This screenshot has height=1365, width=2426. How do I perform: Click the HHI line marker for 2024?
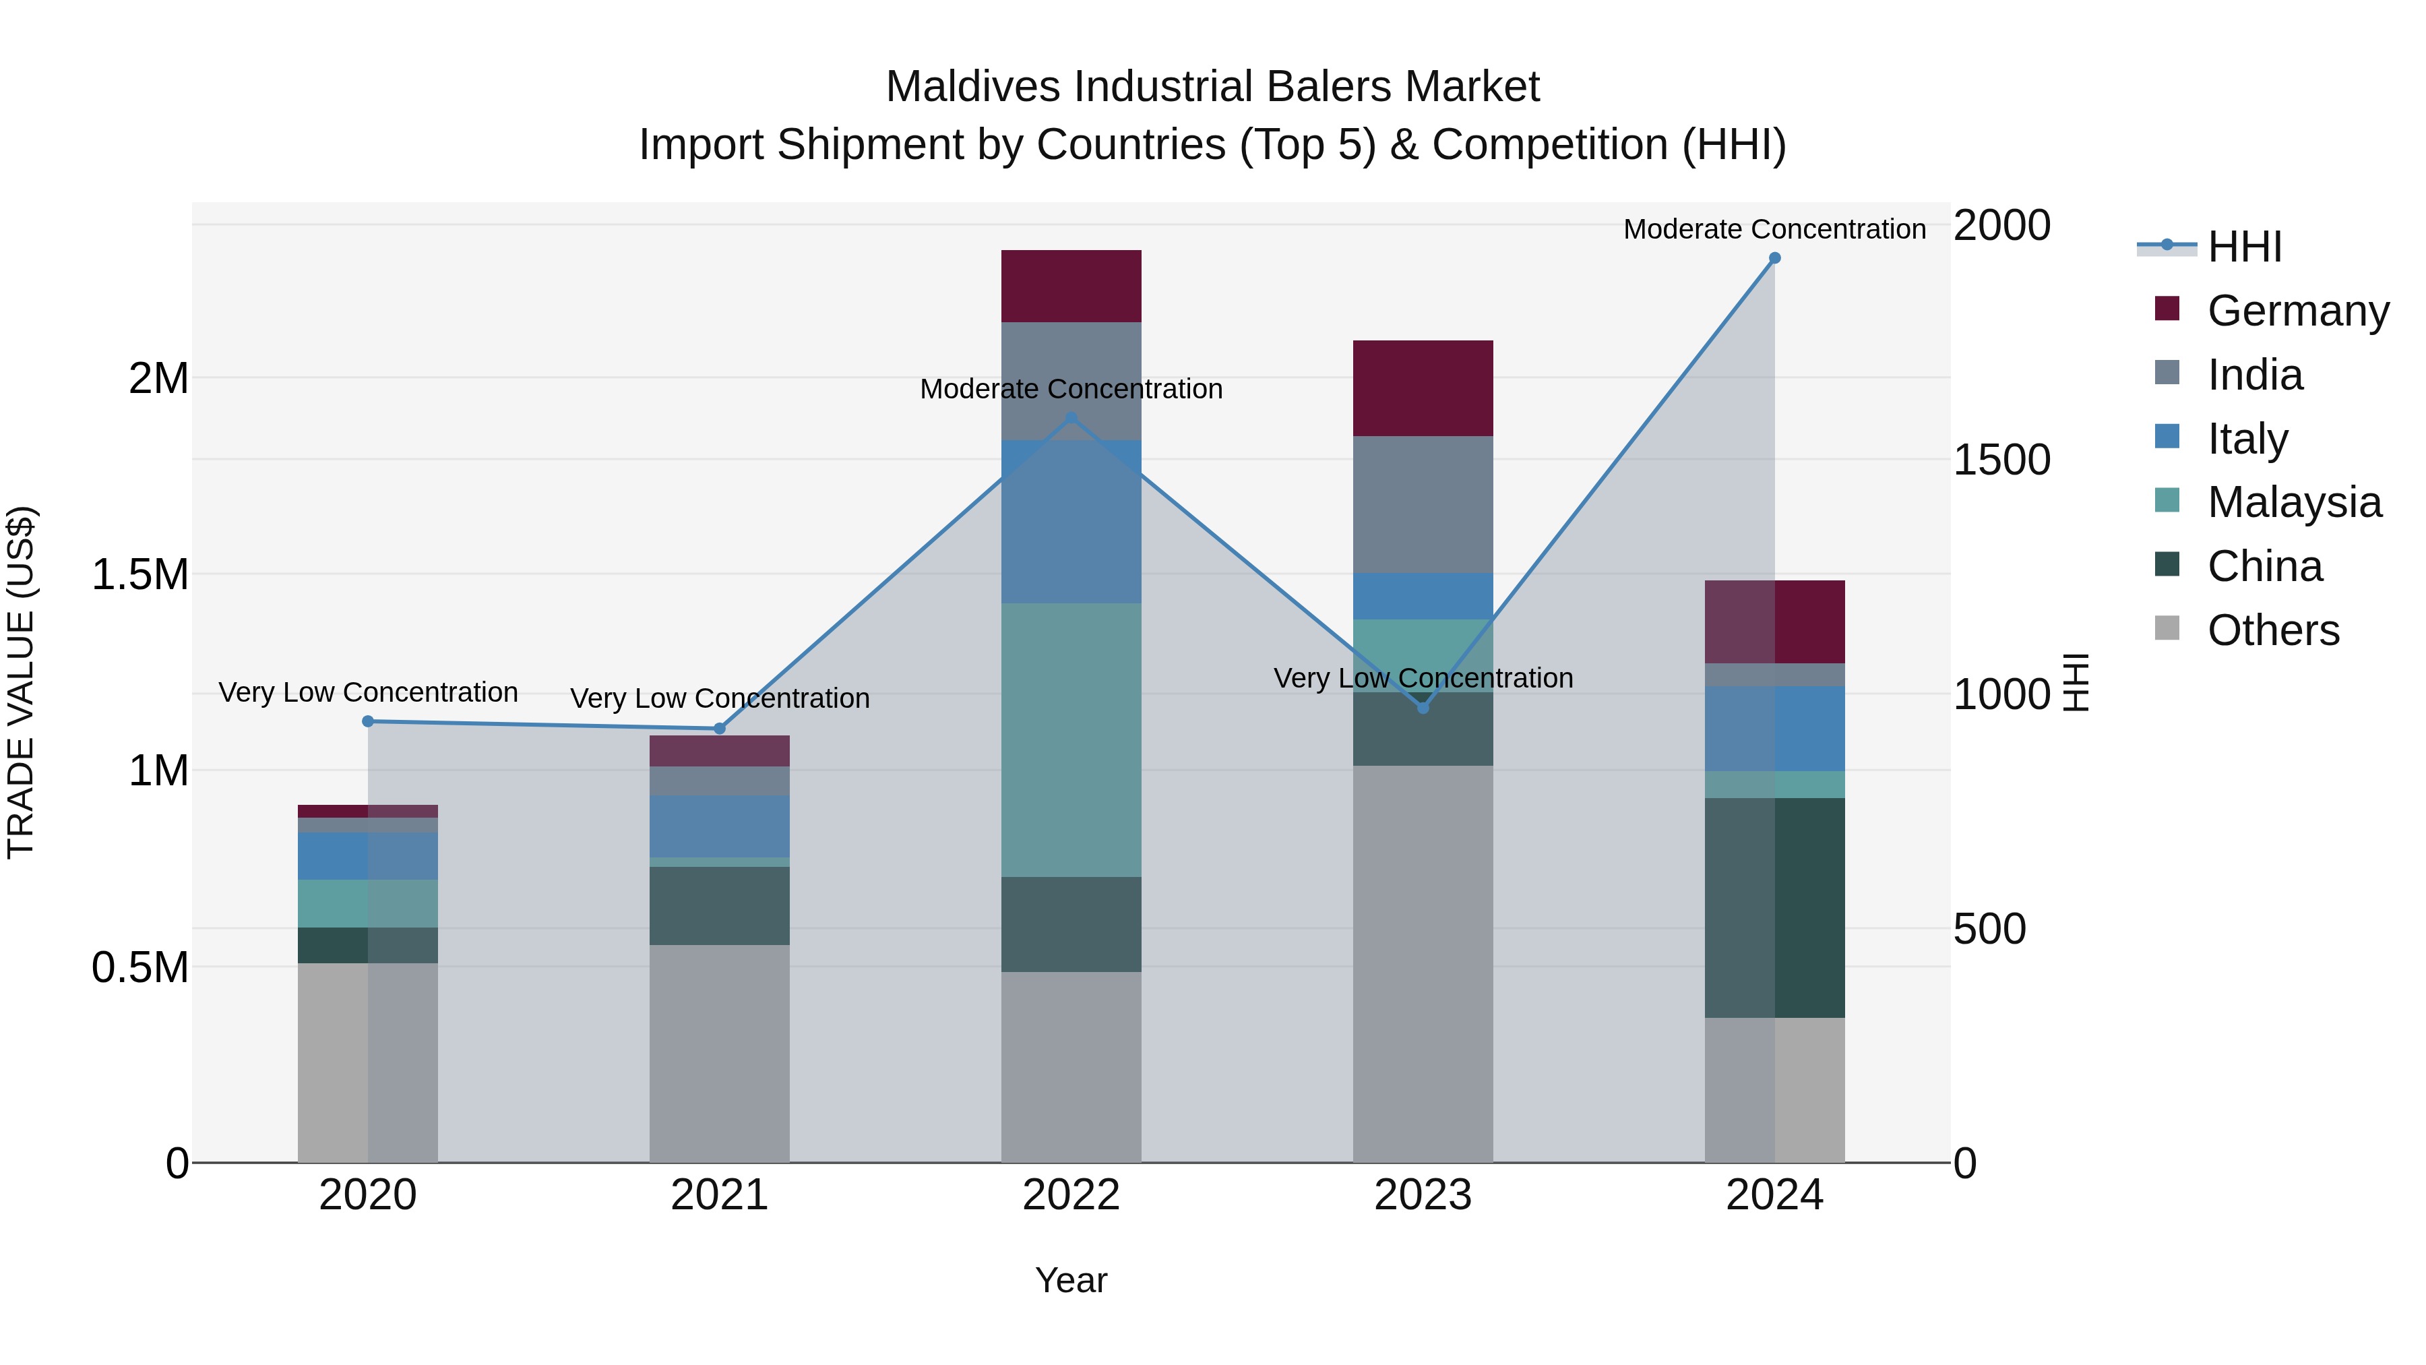[1774, 258]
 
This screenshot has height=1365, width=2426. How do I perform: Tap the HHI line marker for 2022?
[1071, 417]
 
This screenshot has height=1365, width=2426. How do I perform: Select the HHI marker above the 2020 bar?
[368, 721]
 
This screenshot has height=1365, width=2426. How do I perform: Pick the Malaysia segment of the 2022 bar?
[1071, 739]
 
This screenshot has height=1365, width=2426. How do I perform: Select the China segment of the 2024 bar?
[1774, 907]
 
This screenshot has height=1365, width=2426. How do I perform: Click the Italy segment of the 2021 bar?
[720, 826]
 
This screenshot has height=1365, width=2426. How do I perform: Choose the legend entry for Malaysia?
[2294, 502]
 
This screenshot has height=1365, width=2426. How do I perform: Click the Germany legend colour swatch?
[2167, 309]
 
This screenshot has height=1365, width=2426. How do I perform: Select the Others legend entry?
[2272, 630]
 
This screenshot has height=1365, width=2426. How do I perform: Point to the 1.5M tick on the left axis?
[140, 574]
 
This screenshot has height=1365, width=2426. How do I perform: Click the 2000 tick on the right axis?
[2001, 226]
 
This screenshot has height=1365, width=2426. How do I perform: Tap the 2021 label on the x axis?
[720, 1195]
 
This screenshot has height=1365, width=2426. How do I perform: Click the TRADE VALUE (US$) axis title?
[21, 682]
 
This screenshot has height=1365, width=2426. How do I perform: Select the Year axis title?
[1071, 1280]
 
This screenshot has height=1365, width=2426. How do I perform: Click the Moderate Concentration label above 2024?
[1774, 229]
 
